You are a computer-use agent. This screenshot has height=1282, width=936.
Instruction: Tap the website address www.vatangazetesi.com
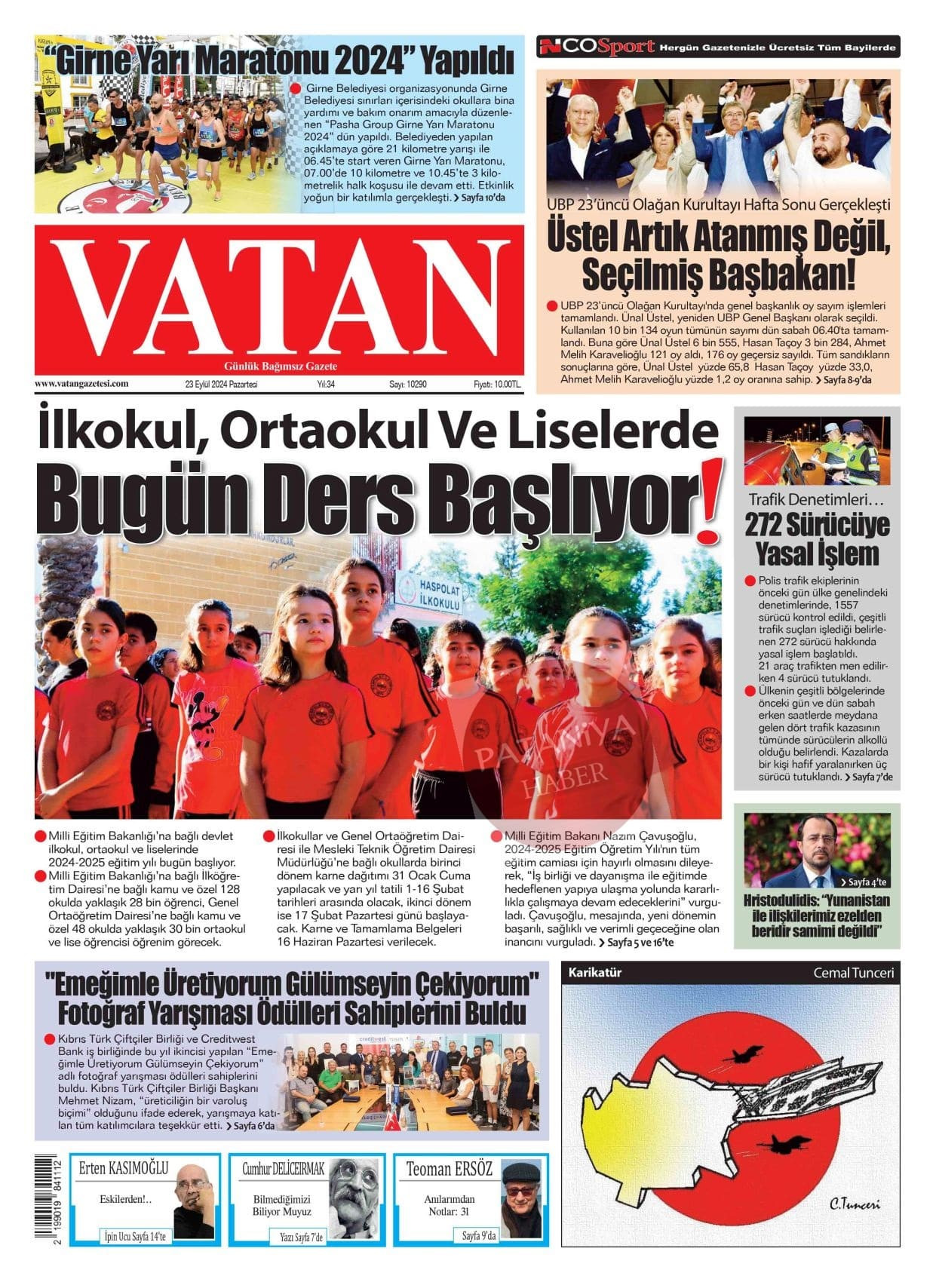click(81, 384)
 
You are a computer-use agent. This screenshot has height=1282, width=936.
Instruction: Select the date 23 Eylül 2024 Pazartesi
click(221, 385)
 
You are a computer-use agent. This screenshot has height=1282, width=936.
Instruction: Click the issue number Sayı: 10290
click(408, 385)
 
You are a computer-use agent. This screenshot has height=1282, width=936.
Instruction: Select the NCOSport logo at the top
click(597, 48)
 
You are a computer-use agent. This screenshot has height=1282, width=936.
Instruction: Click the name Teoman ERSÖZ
click(450, 1170)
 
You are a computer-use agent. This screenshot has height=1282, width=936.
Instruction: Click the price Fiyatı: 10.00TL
click(497, 385)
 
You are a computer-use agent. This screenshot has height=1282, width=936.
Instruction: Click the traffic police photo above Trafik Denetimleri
click(817, 452)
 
